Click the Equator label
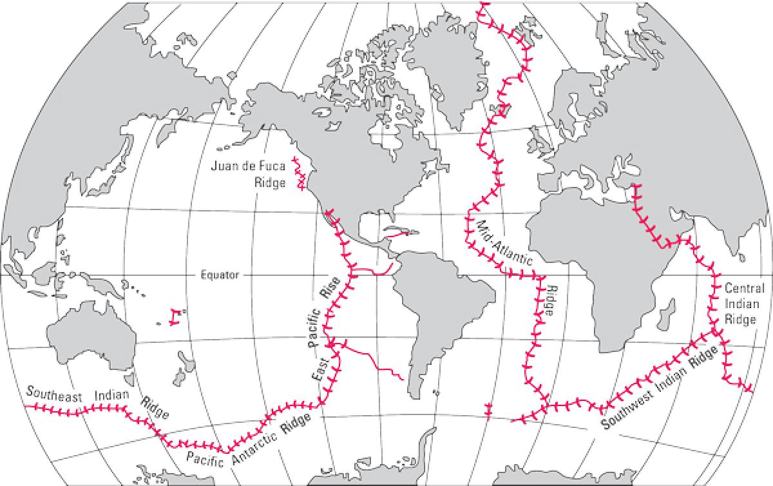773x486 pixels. pyautogui.click(x=218, y=275)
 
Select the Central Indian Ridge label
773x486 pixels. pyautogui.click(x=745, y=304)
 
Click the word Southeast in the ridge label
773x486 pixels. pyautogui.click(x=54, y=394)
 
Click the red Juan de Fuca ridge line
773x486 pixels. pyautogui.click(x=300, y=175)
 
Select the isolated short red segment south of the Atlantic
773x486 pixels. pyautogui.click(x=487, y=411)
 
